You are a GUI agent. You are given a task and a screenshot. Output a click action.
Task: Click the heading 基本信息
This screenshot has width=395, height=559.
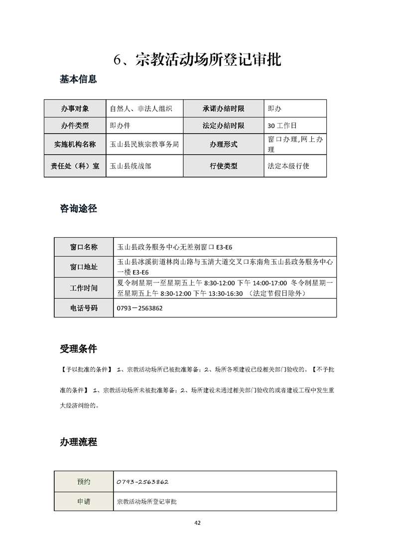pyautogui.click(x=78, y=79)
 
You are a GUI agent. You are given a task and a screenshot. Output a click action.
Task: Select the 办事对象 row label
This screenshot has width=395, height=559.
pyautogui.click(x=75, y=109)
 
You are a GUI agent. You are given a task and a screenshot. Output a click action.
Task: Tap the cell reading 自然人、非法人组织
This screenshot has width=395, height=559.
pyautogui.click(x=141, y=109)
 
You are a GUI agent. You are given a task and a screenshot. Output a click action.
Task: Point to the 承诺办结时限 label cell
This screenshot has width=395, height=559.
pyautogui.click(x=224, y=109)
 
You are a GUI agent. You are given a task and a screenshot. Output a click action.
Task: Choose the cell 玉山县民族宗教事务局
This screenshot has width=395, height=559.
pyautogui.click(x=144, y=144)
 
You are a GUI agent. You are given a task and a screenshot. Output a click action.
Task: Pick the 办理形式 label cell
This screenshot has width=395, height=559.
pyautogui.click(x=224, y=144)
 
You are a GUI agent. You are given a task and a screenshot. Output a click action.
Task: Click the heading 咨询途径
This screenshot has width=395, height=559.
pyautogui.click(x=78, y=209)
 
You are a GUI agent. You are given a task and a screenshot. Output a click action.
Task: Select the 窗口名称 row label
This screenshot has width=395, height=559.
pyautogui.click(x=84, y=247)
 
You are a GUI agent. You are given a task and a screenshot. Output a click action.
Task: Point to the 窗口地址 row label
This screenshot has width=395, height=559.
pyautogui.click(x=84, y=267)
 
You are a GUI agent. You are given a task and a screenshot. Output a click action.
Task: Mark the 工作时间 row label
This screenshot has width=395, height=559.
pyautogui.click(x=84, y=288)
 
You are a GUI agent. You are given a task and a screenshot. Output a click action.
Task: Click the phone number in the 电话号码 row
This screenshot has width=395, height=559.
pyautogui.click(x=139, y=308)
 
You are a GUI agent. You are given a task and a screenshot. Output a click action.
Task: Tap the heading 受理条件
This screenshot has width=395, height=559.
pyautogui.click(x=78, y=349)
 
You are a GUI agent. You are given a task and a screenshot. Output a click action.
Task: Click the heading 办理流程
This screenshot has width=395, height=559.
pyautogui.click(x=78, y=442)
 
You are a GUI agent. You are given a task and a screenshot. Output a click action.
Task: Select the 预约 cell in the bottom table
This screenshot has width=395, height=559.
pyautogui.click(x=84, y=482)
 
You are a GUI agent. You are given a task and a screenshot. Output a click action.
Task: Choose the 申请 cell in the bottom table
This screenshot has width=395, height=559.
pyautogui.click(x=84, y=502)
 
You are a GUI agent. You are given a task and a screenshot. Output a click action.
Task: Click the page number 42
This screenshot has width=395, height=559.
pyautogui.click(x=197, y=523)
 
